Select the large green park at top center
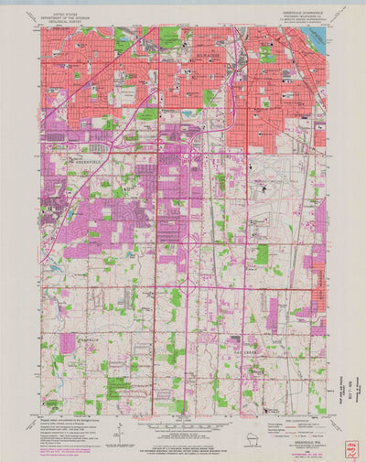170,38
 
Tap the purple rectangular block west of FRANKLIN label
68,344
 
